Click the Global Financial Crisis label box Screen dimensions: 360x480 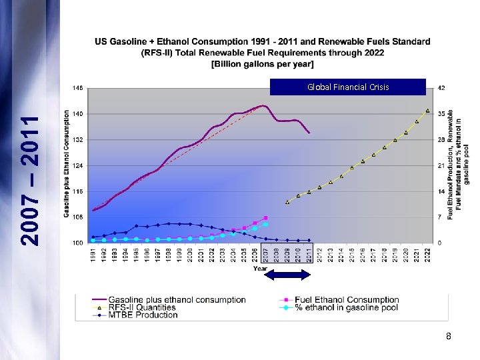347,87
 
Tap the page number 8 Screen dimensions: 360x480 449,337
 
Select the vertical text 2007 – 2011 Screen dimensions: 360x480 30,179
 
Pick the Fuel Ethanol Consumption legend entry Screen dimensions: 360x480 338,300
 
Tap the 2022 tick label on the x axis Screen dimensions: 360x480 428,256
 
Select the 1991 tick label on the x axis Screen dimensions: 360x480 93,256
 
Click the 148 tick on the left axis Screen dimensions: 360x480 78,87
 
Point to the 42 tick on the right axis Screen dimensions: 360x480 441,87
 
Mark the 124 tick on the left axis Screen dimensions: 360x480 78,165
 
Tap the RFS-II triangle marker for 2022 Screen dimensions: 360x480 427,111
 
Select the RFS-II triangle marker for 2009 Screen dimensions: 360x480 287,202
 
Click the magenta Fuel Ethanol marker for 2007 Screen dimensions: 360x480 266,218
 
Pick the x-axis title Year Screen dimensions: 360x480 260,269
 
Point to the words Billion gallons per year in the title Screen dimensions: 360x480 263,64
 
